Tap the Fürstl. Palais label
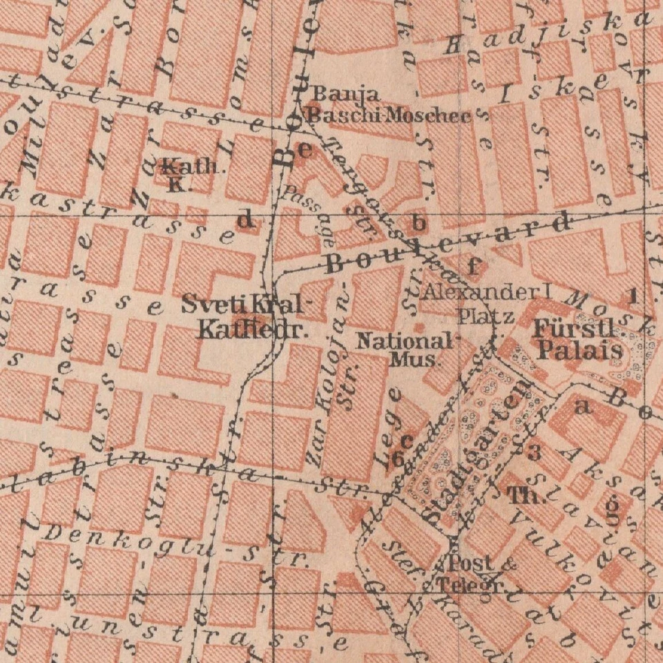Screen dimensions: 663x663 point(579,340)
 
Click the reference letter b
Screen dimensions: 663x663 point(418,222)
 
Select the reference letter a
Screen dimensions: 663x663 point(584,408)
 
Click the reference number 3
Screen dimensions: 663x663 point(533,453)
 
